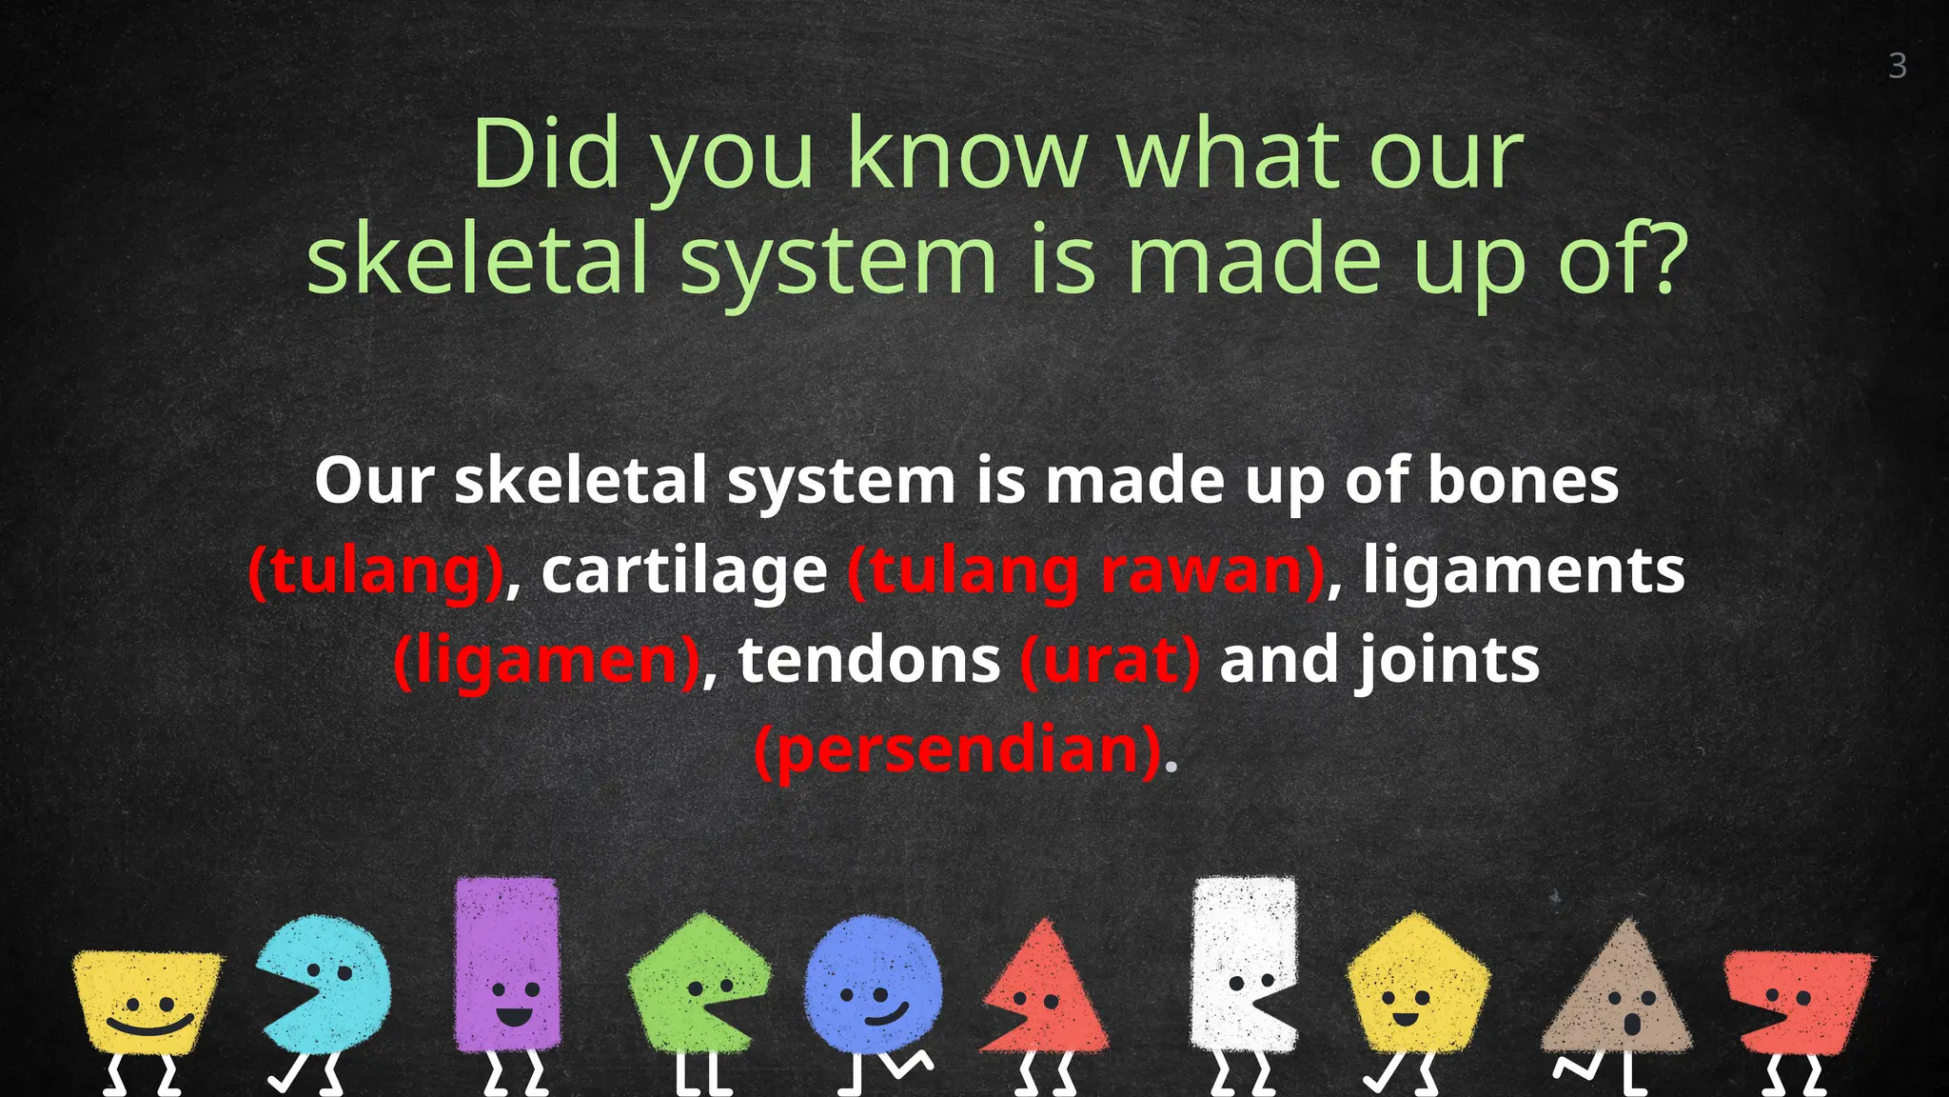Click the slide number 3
click(1897, 66)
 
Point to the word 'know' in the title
click(965, 154)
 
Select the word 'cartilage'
click(684, 570)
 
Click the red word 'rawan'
click(1211, 570)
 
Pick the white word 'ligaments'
click(1524, 570)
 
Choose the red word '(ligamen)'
click(547, 660)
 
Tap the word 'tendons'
click(869, 660)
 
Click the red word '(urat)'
click(1110, 660)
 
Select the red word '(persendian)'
click(958, 749)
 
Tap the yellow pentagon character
click(1417, 986)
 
